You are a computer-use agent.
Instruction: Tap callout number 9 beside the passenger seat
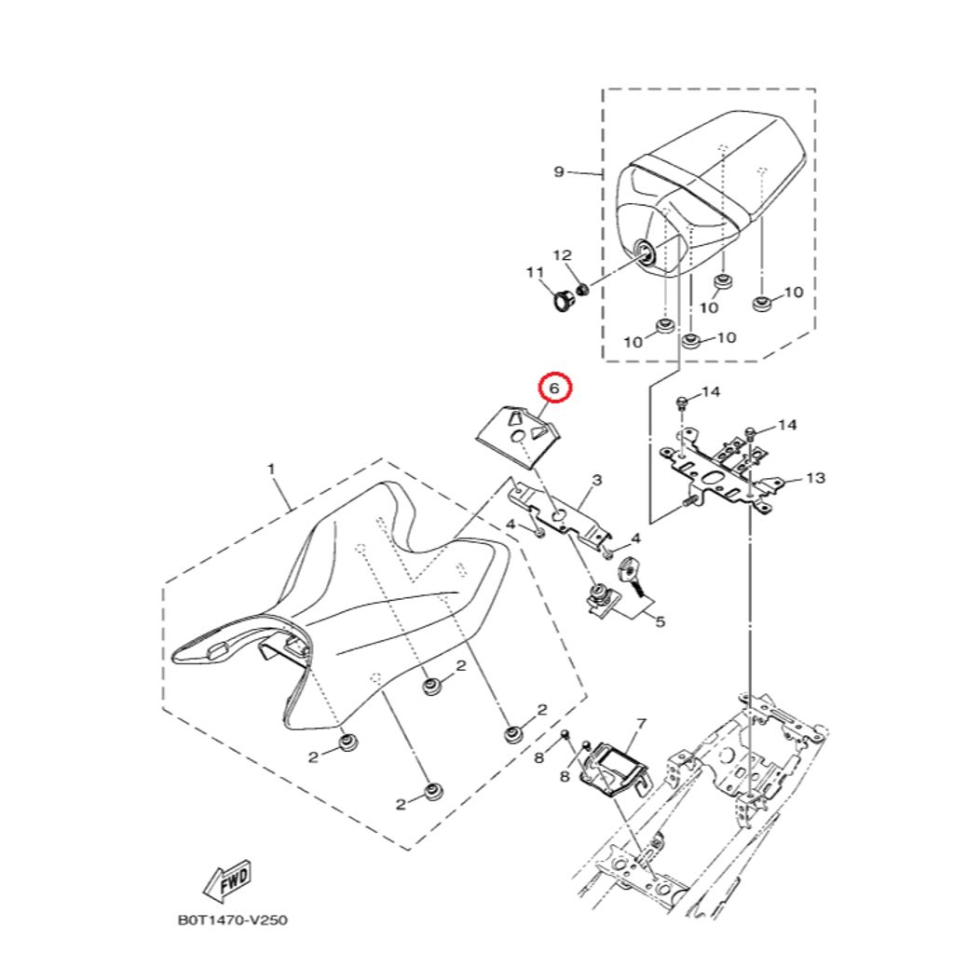point(559,171)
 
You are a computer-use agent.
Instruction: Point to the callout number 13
point(815,479)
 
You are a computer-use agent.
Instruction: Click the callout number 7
point(640,723)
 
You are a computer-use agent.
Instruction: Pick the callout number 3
point(596,480)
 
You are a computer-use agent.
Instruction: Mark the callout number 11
point(534,272)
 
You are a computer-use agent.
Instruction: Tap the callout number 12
point(562,255)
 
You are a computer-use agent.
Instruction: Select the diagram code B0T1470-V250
point(233,920)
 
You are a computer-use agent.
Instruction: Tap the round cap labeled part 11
point(564,303)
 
